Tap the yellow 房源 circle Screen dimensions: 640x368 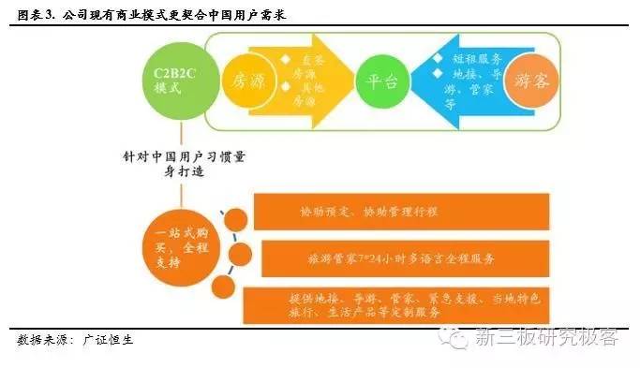246,81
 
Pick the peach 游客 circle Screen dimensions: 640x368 534,81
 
